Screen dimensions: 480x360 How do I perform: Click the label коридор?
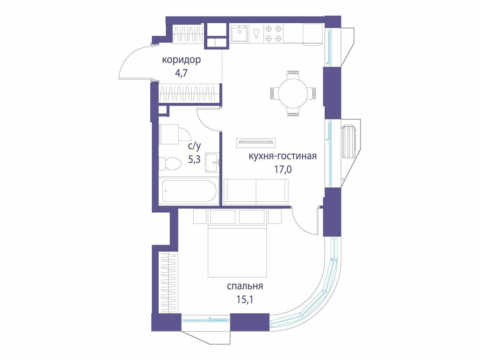click(181, 60)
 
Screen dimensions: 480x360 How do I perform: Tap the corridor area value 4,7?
click(181, 73)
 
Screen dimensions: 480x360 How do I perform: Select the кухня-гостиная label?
click(283, 156)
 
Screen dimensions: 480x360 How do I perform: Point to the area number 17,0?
click(283, 169)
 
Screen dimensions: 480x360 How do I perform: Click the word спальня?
click(245, 286)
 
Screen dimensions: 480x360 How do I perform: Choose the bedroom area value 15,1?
click(245, 299)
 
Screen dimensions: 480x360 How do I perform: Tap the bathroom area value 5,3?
click(194, 160)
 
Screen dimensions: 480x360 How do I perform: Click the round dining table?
click(293, 93)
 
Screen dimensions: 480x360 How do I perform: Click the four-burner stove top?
click(273, 33)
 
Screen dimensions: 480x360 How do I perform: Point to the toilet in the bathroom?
click(170, 163)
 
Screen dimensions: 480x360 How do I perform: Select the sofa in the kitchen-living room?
click(256, 192)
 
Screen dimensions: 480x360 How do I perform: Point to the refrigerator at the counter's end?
click(313, 34)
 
